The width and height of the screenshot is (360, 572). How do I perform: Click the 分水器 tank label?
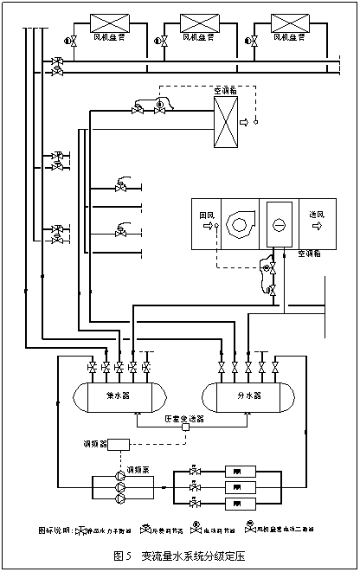click(246, 395)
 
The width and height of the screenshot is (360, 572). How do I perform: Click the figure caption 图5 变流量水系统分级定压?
click(180, 555)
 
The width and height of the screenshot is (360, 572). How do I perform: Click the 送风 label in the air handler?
click(317, 215)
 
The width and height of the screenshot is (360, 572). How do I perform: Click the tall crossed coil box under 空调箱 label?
click(226, 122)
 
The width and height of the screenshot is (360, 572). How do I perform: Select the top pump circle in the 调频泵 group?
click(119, 476)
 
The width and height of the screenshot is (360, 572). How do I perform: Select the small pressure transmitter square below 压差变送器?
click(184, 427)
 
